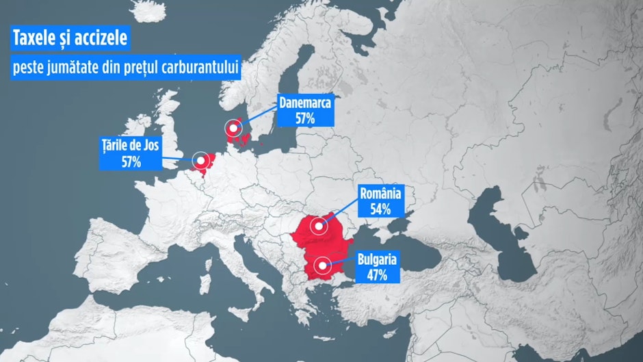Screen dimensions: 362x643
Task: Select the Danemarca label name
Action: click(x=304, y=104)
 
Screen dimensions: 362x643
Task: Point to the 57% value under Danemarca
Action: click(x=304, y=118)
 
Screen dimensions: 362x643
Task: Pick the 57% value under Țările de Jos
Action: click(x=132, y=162)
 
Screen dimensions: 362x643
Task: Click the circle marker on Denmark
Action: click(x=235, y=127)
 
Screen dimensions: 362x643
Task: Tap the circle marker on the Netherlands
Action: click(x=201, y=161)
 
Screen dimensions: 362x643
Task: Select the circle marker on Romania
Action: click(x=318, y=225)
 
